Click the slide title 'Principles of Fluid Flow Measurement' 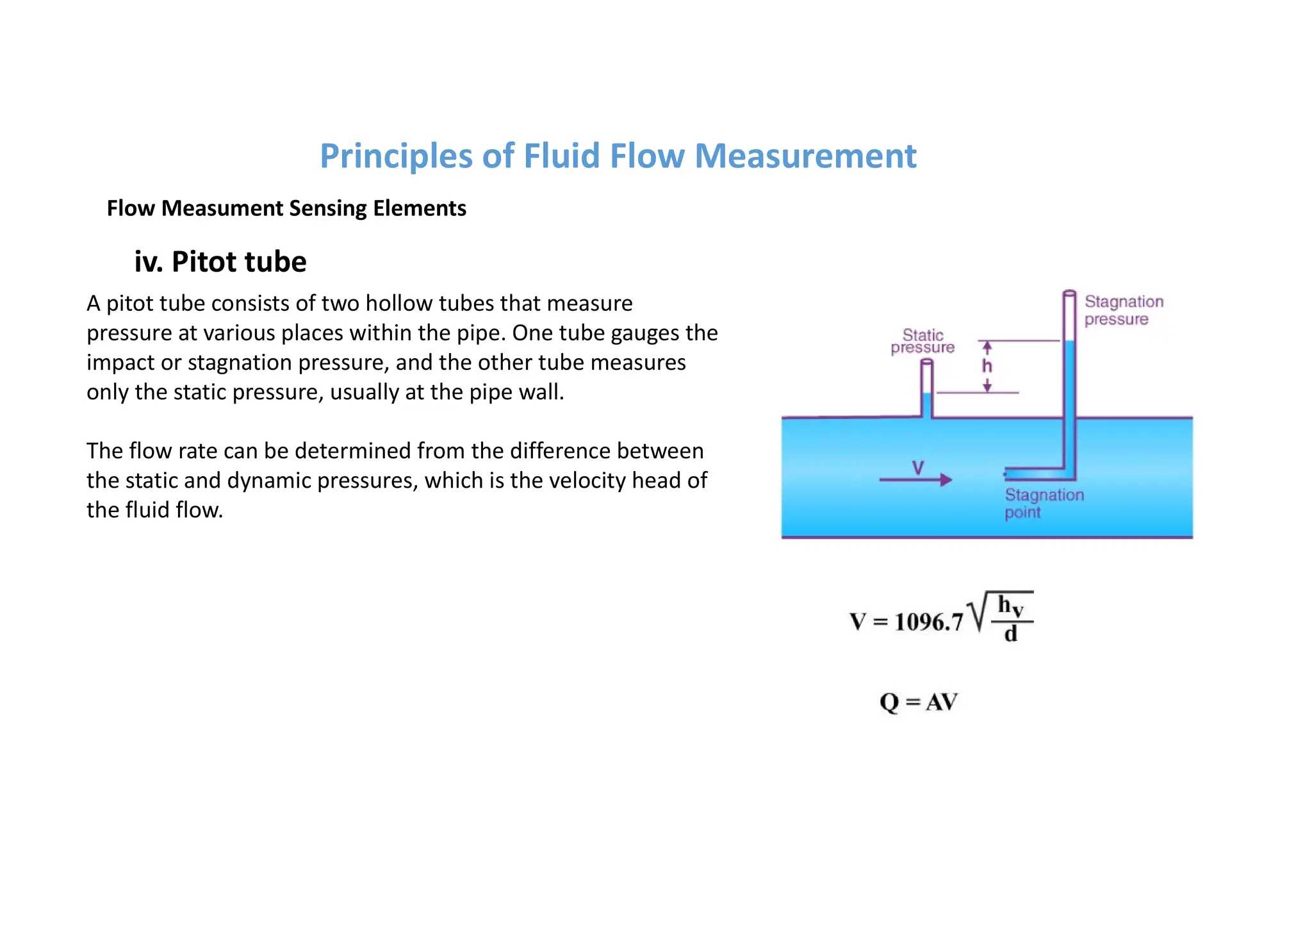pyautogui.click(x=618, y=156)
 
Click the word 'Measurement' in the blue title pyautogui.click(x=805, y=156)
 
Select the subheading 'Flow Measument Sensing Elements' pyautogui.click(x=286, y=208)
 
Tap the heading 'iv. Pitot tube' pyautogui.click(x=220, y=261)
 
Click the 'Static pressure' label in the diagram pyautogui.click(x=922, y=342)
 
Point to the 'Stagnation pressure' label pyautogui.click(x=1124, y=310)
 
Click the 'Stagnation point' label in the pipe pyautogui.click(x=1044, y=504)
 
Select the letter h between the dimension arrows pyautogui.click(x=987, y=366)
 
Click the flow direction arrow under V pyautogui.click(x=915, y=479)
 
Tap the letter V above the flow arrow pyautogui.click(x=918, y=467)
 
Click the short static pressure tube pyautogui.click(x=927, y=388)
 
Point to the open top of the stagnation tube pyautogui.click(x=1069, y=294)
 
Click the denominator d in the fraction pyautogui.click(x=1011, y=634)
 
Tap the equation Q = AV pyautogui.click(x=918, y=702)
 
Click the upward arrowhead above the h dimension pyautogui.click(x=987, y=346)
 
